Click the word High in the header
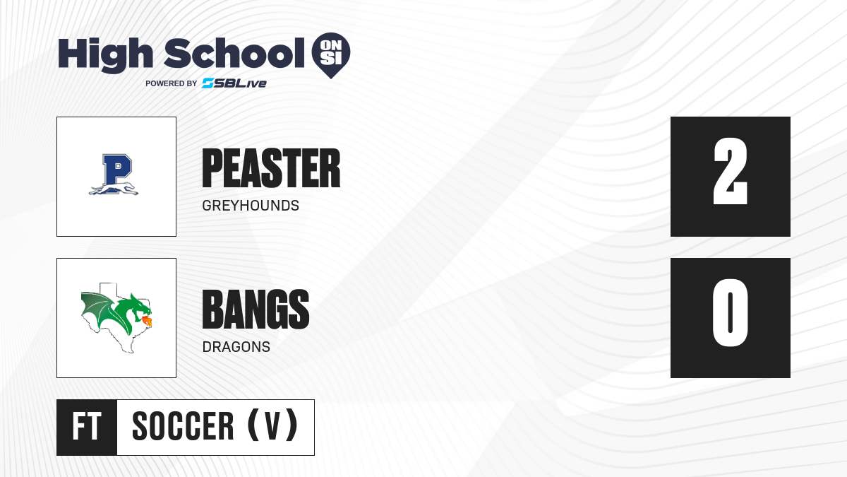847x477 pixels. coord(105,55)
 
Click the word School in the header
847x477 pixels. coord(234,53)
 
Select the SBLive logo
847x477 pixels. coord(234,83)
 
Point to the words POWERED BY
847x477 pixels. coord(172,83)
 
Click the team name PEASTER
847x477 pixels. coord(271,168)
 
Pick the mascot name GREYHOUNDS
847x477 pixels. coord(251,206)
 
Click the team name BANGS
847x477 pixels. coord(256,310)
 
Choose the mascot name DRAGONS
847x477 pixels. coord(236,347)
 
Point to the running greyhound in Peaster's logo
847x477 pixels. coord(114,189)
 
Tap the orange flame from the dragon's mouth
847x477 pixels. coord(147,322)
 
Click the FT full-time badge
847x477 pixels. coord(87,427)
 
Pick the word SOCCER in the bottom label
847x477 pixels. coord(183,426)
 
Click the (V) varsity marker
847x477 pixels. coord(272,425)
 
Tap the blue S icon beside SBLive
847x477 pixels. coord(208,83)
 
